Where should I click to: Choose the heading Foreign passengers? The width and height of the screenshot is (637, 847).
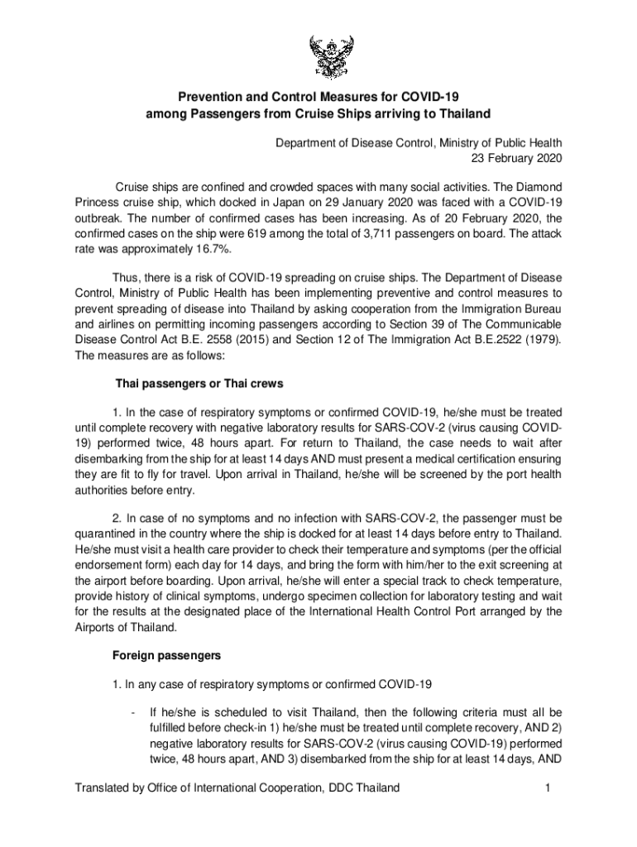tap(165, 656)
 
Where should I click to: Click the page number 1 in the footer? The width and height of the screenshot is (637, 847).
tap(548, 788)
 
